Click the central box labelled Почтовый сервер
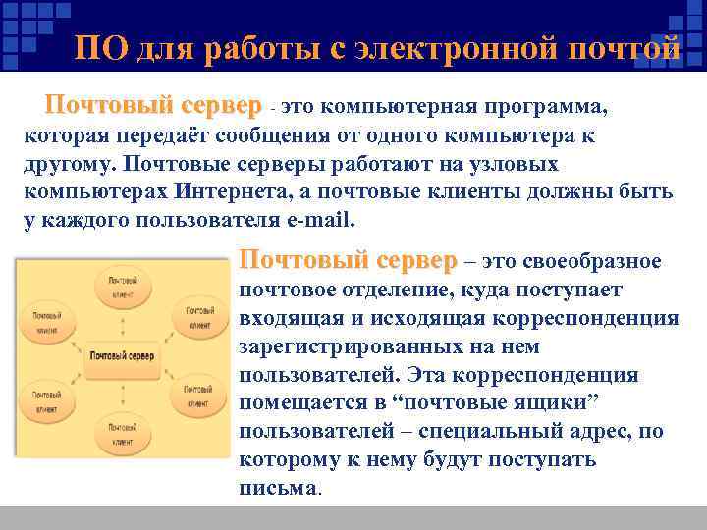coord(121,355)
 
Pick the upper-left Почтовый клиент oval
coord(46,323)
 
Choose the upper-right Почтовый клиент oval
coord(199,317)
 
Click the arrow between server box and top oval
coord(123,324)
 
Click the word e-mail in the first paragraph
coord(320,219)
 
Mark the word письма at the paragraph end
coord(278,488)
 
